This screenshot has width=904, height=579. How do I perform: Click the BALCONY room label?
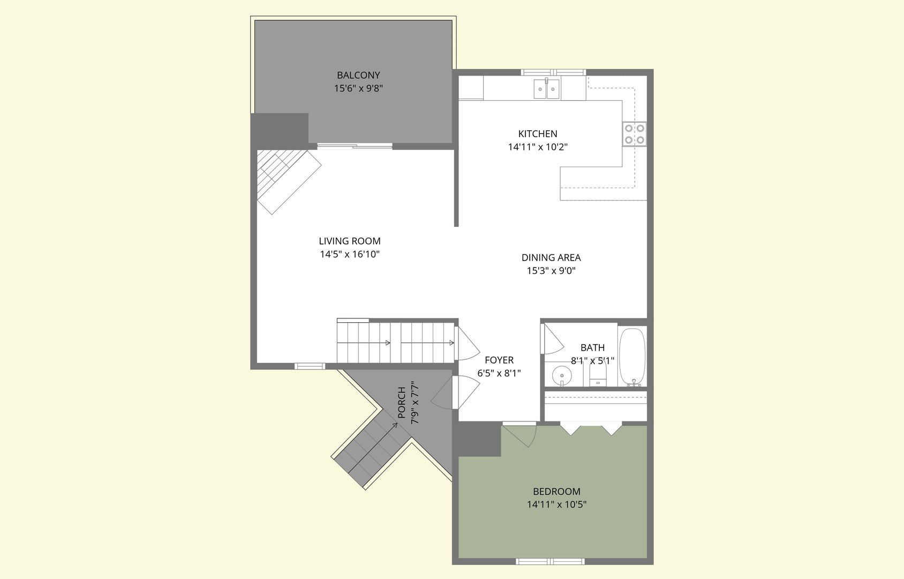358,76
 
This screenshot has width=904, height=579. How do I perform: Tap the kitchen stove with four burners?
634,134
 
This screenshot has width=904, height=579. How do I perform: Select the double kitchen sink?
546,89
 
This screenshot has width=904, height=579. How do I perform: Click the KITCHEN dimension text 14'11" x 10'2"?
538,147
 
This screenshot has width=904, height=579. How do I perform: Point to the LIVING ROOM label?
350,241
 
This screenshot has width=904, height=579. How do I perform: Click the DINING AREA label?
551,258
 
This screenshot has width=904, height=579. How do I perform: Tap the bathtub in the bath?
632,357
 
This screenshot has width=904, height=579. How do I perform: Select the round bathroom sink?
561,374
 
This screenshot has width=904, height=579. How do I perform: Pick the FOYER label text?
499,360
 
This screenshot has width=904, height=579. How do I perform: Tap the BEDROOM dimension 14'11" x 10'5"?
556,504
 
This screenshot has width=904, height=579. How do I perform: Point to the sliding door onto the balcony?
355,146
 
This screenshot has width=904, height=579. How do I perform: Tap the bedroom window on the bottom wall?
550,561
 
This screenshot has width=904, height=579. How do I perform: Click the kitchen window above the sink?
553,72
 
